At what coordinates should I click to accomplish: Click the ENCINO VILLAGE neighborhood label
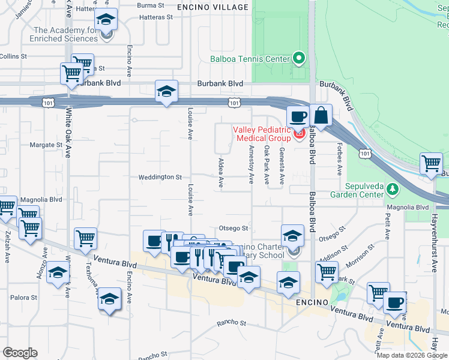(213, 7)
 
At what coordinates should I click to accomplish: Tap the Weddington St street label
(160, 177)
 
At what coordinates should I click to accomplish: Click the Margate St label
(46, 145)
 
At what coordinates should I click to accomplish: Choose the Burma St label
(151, 5)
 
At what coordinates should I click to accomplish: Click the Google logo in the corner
(20, 353)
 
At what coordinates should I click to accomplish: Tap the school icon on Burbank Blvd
(166, 92)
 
